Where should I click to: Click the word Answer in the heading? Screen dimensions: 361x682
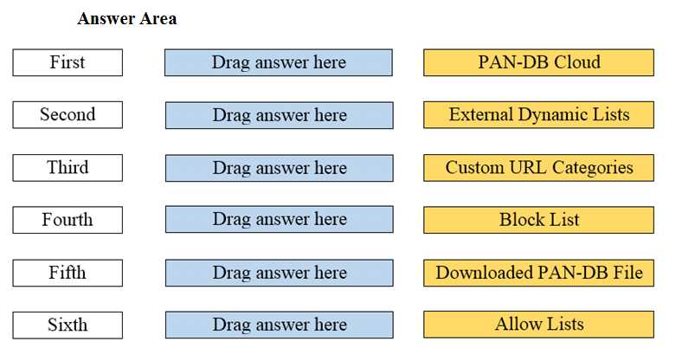tap(105, 18)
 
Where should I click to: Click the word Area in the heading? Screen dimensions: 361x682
tap(157, 18)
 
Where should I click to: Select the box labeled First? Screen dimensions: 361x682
tap(68, 62)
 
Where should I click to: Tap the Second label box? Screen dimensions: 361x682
tap(68, 114)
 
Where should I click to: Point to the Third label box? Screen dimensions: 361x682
tap(68, 167)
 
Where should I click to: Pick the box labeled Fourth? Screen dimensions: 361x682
tap(68, 220)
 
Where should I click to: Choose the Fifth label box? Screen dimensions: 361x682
tap(68, 273)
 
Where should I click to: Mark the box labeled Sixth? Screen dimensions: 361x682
tap(68, 325)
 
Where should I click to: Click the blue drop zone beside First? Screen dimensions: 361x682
tap(279, 62)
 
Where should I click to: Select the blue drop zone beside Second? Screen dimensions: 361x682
tap(279, 115)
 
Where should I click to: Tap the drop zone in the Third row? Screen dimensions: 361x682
tap(279, 167)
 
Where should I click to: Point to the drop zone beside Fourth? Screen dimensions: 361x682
tap(279, 220)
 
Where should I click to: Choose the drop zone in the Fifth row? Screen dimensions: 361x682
tap(279, 273)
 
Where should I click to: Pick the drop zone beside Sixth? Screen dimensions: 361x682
tap(279, 325)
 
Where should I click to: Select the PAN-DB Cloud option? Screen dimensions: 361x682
tap(538, 62)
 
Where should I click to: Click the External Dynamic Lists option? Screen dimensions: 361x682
tap(538, 114)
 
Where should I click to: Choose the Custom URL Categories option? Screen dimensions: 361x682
tap(538, 167)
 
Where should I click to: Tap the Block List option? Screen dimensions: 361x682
tap(538, 220)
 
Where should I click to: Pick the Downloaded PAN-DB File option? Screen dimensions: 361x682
tap(538, 273)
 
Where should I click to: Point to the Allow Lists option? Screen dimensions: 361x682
tap(538, 325)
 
